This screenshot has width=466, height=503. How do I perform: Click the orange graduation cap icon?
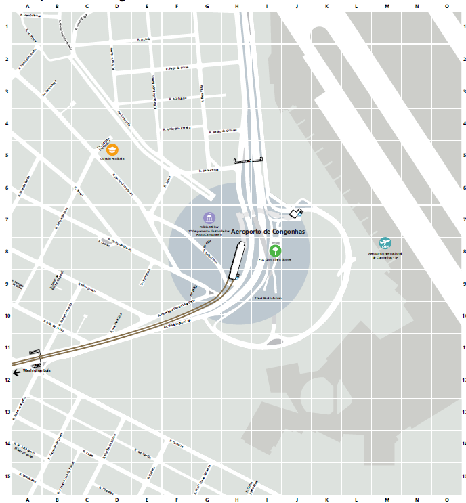click(x=112, y=149)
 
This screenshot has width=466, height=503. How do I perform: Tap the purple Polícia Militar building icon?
click(x=210, y=218)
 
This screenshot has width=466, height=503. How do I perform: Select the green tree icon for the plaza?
click(x=274, y=250)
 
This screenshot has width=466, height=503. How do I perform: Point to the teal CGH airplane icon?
click(x=385, y=243)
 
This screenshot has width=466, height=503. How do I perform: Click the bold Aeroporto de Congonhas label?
click(x=269, y=232)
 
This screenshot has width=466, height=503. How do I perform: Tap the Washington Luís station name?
click(x=37, y=371)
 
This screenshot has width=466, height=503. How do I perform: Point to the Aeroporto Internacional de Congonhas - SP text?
click(x=385, y=255)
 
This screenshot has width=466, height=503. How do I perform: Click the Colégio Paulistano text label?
click(x=112, y=158)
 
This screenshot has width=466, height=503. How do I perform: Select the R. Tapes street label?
click(x=88, y=454)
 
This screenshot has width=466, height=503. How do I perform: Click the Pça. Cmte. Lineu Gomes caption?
click(x=274, y=259)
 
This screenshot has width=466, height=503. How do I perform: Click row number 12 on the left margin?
click(x=7, y=380)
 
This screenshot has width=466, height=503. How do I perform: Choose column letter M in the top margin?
click(x=387, y=6)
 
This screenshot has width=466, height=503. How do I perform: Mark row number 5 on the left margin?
click(x=7, y=155)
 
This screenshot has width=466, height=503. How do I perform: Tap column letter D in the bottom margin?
click(x=116, y=499)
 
